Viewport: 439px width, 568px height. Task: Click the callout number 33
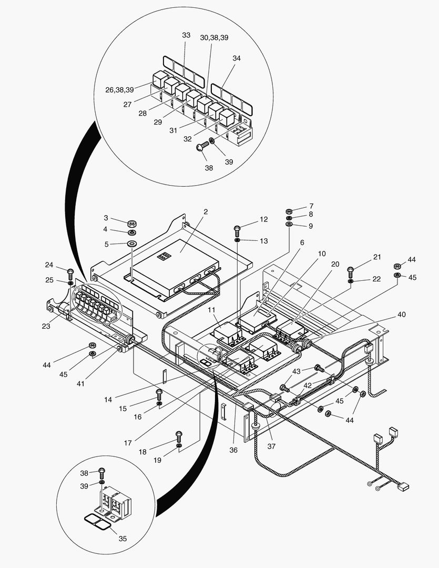[186, 35]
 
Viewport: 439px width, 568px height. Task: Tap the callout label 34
[237, 58]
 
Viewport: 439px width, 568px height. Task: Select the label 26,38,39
[119, 90]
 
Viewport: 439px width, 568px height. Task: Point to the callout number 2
[206, 211]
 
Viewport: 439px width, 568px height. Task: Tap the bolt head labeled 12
[237, 228]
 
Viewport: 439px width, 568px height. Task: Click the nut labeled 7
[289, 211]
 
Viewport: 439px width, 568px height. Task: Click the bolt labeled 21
[350, 272]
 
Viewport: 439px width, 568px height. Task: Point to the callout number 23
[46, 326]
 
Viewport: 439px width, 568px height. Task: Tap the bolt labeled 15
[159, 394]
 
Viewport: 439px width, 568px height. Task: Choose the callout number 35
[123, 539]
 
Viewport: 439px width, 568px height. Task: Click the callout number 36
[233, 450]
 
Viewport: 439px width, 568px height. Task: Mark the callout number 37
[271, 447]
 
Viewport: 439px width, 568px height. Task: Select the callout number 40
[402, 315]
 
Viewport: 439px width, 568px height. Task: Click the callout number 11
[211, 310]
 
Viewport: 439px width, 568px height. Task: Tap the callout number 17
[128, 443]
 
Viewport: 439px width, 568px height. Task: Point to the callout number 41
[80, 383]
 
